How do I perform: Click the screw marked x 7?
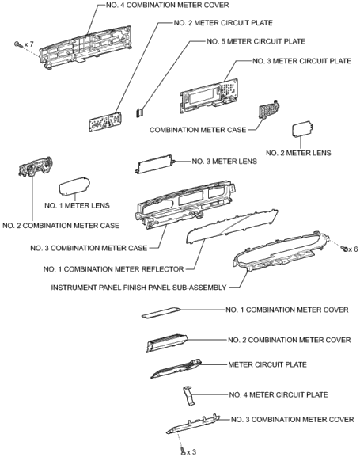17,44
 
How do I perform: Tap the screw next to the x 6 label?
344,249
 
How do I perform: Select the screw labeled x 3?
183,451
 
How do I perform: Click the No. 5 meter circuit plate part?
140,112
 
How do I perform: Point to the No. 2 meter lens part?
302,129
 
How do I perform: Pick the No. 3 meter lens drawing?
154,165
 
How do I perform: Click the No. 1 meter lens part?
74,186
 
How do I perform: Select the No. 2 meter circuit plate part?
105,122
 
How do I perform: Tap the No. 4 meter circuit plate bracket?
189,396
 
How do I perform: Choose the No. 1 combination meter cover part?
161,312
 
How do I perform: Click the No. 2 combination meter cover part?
166,343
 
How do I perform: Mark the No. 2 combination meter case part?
36,166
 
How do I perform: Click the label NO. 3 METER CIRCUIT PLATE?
301,61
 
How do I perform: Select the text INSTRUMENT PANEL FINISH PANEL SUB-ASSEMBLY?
138,288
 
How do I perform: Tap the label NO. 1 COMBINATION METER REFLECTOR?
114,269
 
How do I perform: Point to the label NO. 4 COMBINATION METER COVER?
168,5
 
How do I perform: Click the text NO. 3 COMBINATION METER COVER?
293,420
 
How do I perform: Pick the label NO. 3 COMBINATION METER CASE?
89,248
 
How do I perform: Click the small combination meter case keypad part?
269,110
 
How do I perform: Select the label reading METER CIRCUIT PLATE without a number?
267,364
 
